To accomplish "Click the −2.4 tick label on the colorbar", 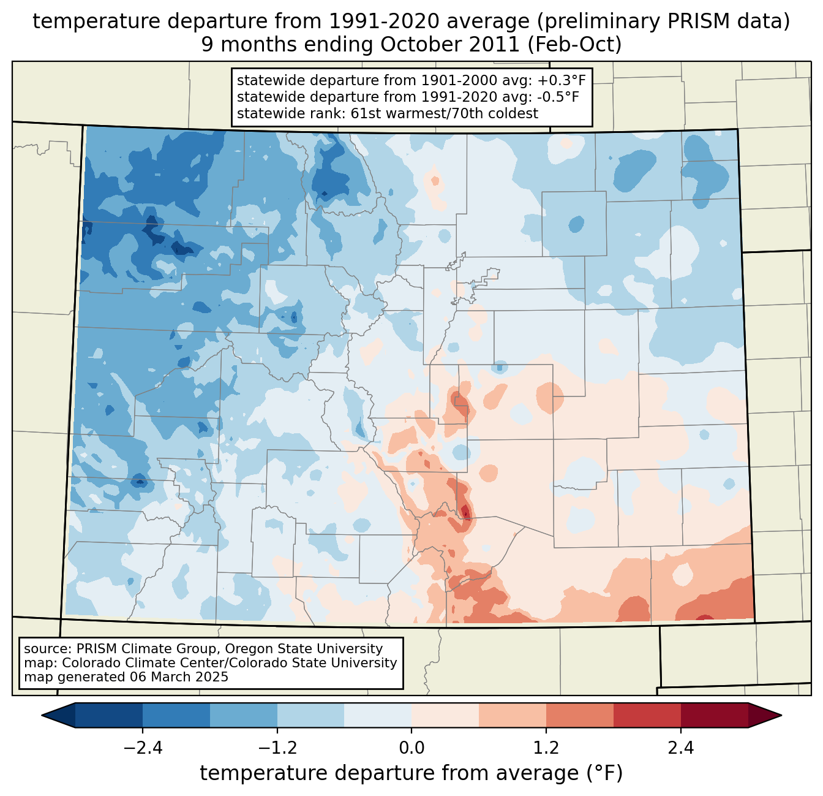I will pos(143,748).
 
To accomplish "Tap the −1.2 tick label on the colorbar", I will pos(277,748).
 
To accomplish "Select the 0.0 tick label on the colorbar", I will pos(411,748).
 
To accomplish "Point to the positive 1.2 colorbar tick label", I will pos(546,748).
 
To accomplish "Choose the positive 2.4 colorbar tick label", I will pos(680,748).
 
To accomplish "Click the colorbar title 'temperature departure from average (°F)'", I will pos(411,773).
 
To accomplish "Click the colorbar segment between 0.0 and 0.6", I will pos(445,715).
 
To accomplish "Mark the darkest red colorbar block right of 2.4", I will pos(714,715).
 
